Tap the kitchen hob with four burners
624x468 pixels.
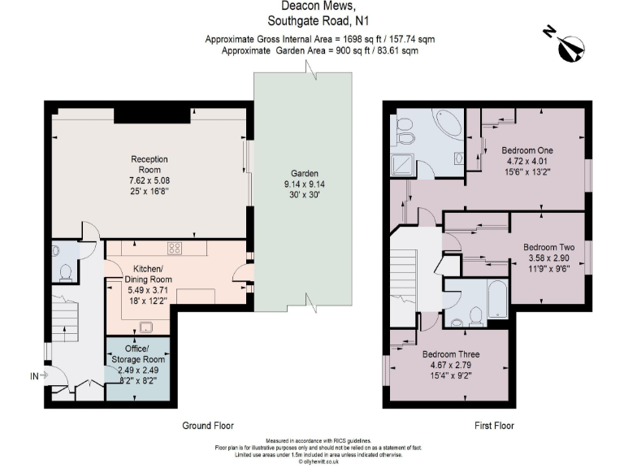point(174,248)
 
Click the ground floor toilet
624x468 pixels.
point(64,270)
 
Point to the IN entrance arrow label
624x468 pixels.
point(34,375)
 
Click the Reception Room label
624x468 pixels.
point(149,164)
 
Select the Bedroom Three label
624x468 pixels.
point(450,354)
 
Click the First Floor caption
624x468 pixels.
point(494,426)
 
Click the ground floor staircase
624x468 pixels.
point(65,314)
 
